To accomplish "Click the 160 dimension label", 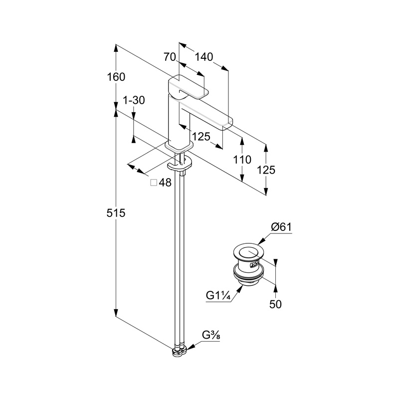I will pyautogui.click(x=116, y=77).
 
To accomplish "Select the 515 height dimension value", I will pyautogui.click(x=116, y=213).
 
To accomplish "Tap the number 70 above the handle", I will pyautogui.click(x=170, y=57).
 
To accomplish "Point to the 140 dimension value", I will pyautogui.click(x=203, y=57).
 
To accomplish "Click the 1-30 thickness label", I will pyautogui.click(x=133, y=100).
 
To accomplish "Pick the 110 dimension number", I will pyautogui.click(x=242, y=160).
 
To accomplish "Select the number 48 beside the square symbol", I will pyautogui.click(x=165, y=183).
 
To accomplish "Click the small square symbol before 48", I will pyautogui.click(x=154, y=183).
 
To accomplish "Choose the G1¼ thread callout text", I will pyautogui.click(x=218, y=296).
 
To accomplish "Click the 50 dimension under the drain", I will pyautogui.click(x=276, y=304).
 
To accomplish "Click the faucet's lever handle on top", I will pyautogui.click(x=189, y=87).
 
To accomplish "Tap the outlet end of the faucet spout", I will pyautogui.click(x=227, y=124).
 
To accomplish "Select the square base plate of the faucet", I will pyautogui.click(x=179, y=145).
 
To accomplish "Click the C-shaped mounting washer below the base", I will pyautogui.click(x=180, y=164).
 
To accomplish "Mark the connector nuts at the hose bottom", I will pyautogui.click(x=179, y=351).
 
